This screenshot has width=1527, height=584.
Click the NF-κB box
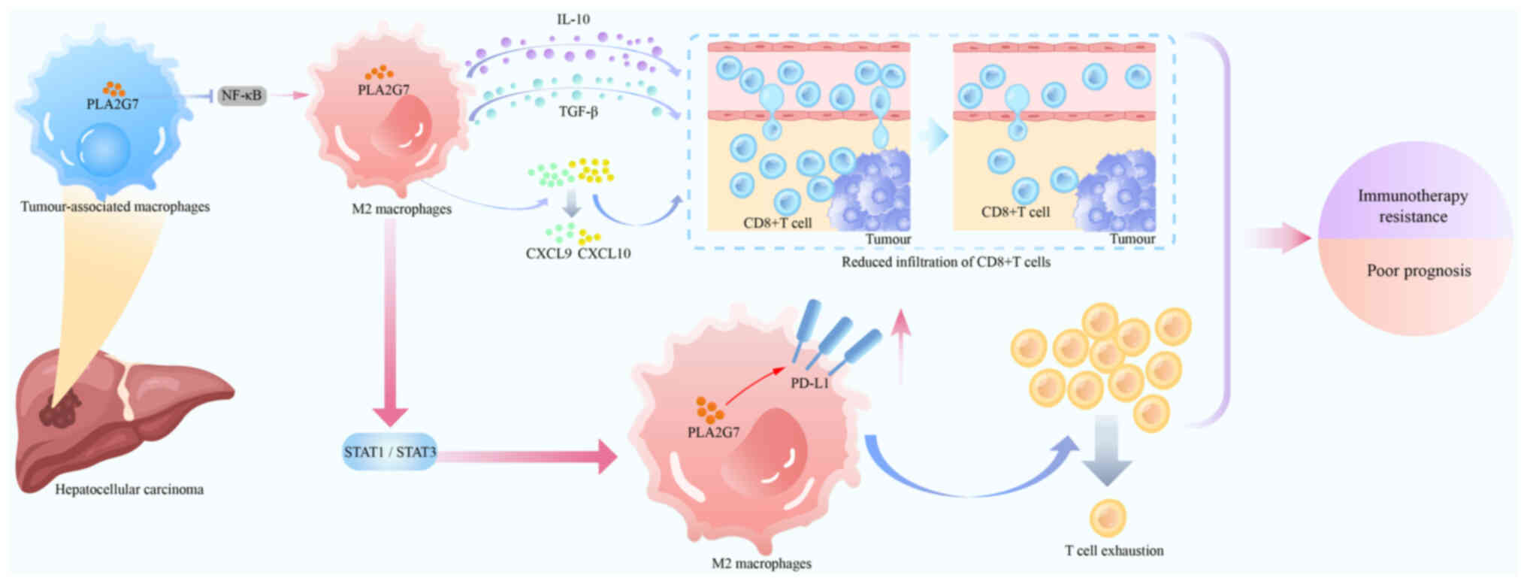coord(241,95)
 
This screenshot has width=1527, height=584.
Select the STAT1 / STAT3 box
coord(389,452)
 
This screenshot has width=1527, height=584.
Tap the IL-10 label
coord(573,20)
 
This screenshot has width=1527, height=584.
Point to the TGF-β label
coord(578,112)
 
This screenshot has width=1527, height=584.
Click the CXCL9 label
coord(549,253)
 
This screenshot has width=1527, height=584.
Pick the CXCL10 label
coord(604,253)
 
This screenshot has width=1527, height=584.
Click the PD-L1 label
coord(809,383)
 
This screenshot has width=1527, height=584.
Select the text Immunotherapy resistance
coord(1413,206)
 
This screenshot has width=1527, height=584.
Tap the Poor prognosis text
coord(1419,271)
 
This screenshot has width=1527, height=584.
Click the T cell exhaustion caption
coord(1114,550)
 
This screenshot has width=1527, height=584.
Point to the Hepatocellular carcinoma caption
coord(129,489)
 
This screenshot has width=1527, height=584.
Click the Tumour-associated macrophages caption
coord(115,206)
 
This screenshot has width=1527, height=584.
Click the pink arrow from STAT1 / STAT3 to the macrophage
coord(526,456)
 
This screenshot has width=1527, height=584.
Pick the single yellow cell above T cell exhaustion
coord(1108,518)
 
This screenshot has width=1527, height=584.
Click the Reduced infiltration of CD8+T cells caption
coord(945,262)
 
